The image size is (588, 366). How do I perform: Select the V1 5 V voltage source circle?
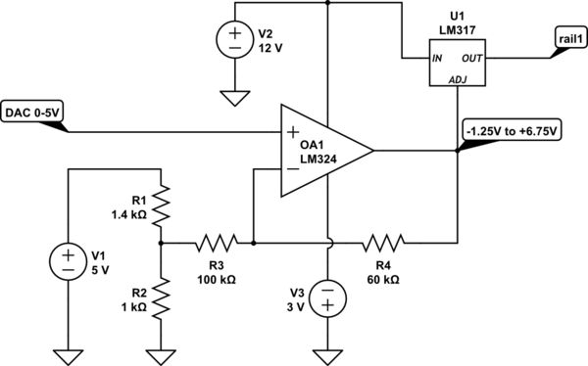point(68,261)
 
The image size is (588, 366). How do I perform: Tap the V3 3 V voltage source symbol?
point(327,298)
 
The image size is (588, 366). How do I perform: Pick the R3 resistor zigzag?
point(215,240)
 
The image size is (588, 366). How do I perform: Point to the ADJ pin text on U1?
point(458,78)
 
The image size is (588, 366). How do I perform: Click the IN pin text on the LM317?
point(437,58)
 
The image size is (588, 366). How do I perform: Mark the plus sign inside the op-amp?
point(292,132)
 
